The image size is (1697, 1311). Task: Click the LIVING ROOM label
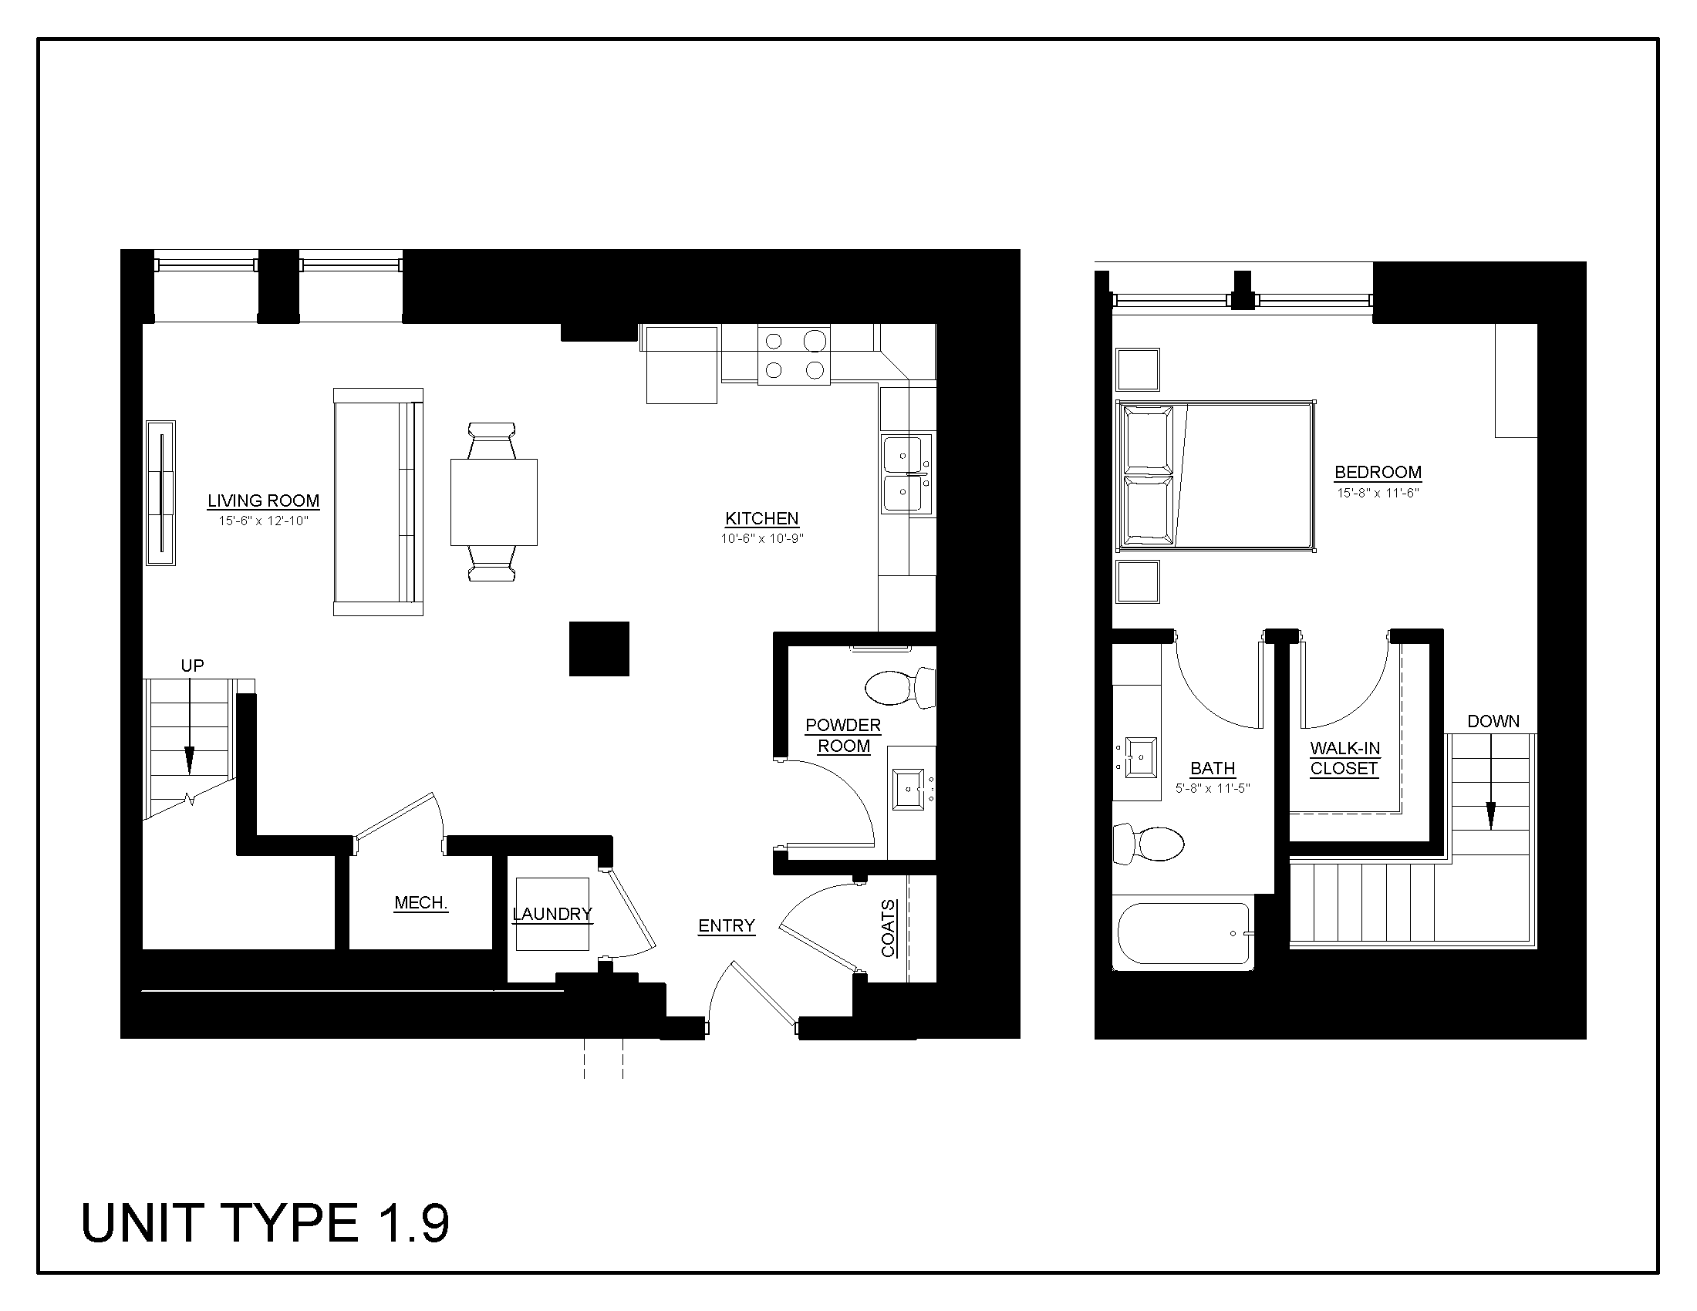tap(263, 501)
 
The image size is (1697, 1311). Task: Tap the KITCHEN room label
tap(761, 518)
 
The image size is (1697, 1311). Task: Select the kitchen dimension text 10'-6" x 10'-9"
tap(761, 538)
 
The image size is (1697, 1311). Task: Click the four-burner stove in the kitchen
tap(793, 354)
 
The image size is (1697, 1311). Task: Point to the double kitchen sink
tap(906, 474)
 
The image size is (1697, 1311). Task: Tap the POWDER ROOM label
tap(843, 736)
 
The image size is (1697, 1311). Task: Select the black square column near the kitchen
tap(599, 649)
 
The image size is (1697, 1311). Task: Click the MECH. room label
tap(421, 902)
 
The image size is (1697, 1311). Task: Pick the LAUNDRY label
tap(552, 914)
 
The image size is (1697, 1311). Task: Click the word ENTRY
tap(727, 925)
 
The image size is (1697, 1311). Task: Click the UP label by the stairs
tap(192, 666)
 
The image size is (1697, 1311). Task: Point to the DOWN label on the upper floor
tap(1493, 722)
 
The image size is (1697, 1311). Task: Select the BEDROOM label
tap(1378, 472)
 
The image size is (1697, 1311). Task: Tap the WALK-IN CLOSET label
tap(1345, 759)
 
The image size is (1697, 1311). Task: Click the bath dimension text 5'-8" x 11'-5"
tap(1212, 788)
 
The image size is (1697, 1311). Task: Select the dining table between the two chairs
tap(494, 502)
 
